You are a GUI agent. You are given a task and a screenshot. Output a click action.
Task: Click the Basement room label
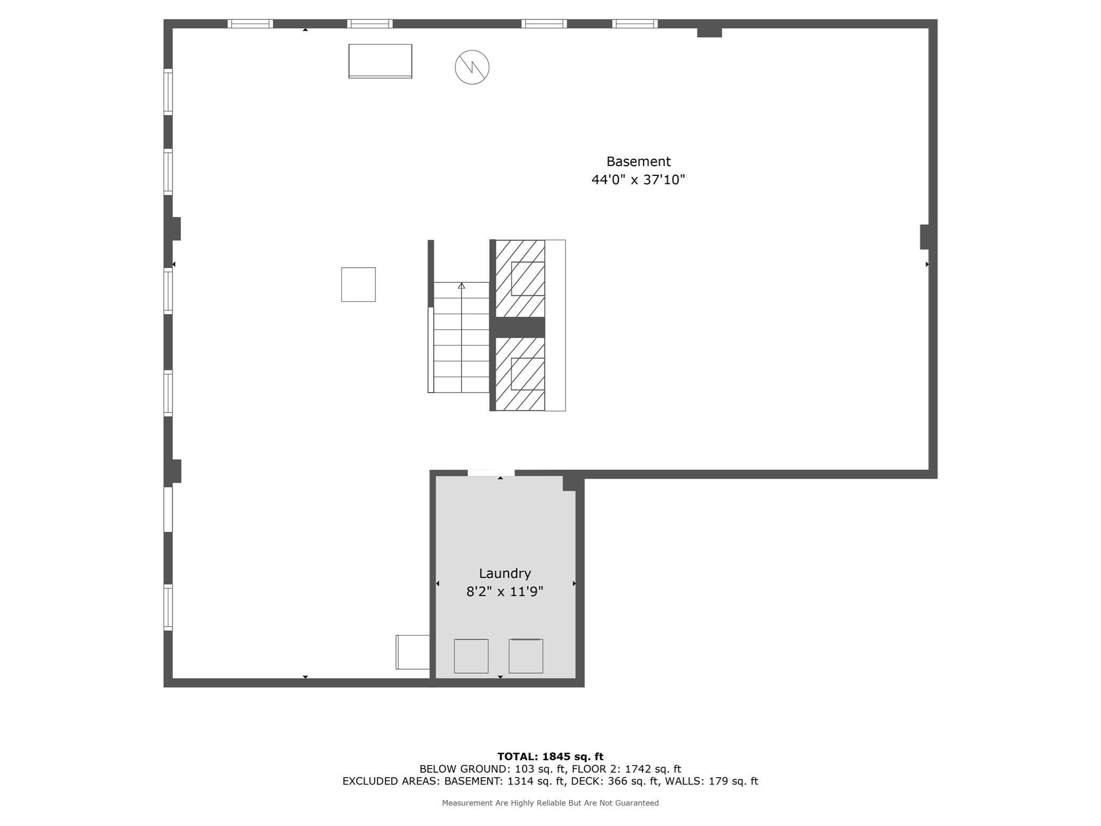pyautogui.click(x=638, y=161)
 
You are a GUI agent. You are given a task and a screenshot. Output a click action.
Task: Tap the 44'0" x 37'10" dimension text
pyautogui.click(x=638, y=180)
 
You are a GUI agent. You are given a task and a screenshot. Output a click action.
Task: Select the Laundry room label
pyautogui.click(x=504, y=573)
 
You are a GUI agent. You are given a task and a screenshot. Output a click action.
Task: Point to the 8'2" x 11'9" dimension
pyautogui.click(x=504, y=592)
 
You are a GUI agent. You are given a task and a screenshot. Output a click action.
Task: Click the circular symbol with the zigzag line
pyautogui.click(x=472, y=67)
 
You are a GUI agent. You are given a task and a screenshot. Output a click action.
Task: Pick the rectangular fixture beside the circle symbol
pyautogui.click(x=380, y=61)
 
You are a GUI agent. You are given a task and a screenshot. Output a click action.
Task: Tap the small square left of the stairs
pyautogui.click(x=358, y=284)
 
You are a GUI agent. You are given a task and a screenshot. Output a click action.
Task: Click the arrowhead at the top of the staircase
pyautogui.click(x=461, y=286)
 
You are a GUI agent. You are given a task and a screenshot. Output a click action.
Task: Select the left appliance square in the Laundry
pyautogui.click(x=471, y=656)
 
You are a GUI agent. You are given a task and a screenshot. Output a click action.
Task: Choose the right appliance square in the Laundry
pyautogui.click(x=526, y=656)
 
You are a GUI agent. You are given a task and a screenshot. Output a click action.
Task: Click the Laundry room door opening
pyautogui.click(x=491, y=473)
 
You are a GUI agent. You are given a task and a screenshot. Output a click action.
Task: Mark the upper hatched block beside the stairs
pyautogui.click(x=520, y=278)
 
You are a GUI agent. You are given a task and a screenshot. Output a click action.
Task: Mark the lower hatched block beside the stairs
pyautogui.click(x=520, y=374)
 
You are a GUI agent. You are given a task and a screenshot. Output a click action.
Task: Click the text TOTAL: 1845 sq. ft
pyautogui.click(x=550, y=757)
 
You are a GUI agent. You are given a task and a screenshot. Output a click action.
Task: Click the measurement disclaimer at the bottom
pyautogui.click(x=550, y=803)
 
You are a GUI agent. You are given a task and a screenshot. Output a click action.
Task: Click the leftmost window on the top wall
pyautogui.click(x=250, y=24)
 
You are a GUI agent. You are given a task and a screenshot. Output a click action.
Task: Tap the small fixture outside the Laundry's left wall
pyautogui.click(x=413, y=652)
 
